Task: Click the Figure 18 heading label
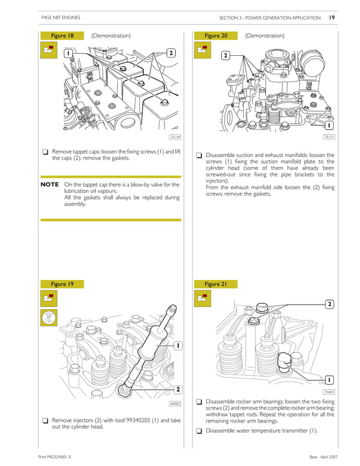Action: pos(62,36)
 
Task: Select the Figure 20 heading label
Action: pos(216,36)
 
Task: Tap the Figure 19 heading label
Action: pos(62,284)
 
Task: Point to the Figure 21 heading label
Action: pos(216,284)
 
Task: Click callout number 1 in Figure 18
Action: pos(68,53)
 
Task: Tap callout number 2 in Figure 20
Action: pos(225,55)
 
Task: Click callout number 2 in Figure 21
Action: pos(329,305)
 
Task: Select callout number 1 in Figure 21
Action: pos(329,380)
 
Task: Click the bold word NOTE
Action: pos(50,184)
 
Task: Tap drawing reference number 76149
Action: pos(175,137)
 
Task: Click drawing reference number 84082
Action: pos(175,403)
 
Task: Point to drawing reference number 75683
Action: pos(329,392)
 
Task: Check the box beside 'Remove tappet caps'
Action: pos(44,152)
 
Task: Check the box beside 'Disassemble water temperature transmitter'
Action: pos(199,431)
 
